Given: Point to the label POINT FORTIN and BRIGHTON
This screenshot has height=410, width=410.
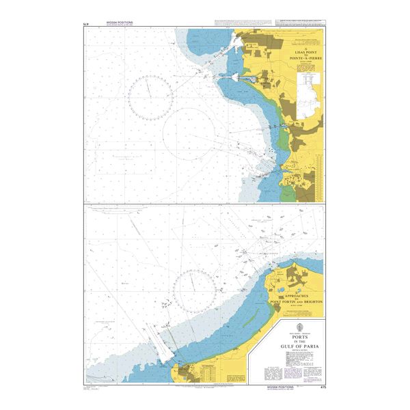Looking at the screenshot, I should tap(297, 301).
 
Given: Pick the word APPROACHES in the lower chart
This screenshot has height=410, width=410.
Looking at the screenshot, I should tap(296, 294).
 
